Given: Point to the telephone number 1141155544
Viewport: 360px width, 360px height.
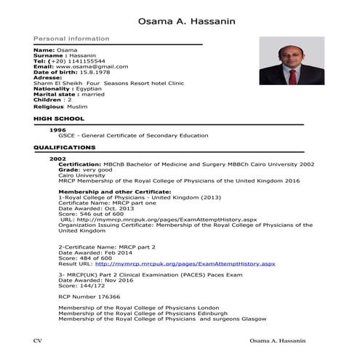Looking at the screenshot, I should [84, 61].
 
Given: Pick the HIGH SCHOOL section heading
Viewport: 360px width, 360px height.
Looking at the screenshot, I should [59, 118].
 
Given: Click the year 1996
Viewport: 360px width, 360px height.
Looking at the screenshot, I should [57, 129].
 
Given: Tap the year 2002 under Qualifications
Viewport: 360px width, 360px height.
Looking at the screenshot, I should [57, 159].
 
